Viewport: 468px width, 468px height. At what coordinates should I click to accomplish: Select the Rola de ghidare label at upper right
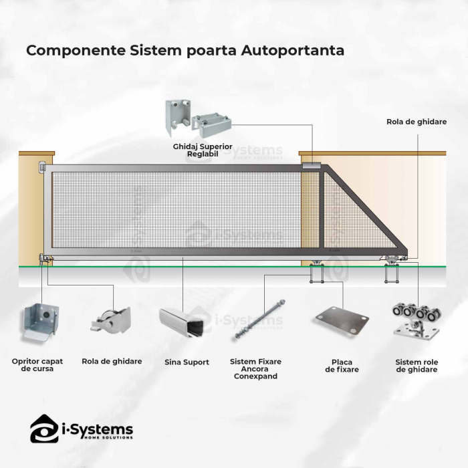click(x=417, y=122)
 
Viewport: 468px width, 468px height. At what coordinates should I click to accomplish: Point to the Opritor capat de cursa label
click(x=37, y=364)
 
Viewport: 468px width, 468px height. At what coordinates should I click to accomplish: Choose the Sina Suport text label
click(x=187, y=362)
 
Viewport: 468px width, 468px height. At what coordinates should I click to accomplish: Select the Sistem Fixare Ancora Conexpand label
click(x=255, y=368)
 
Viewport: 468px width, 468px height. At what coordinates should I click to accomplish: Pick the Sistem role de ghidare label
click(x=416, y=365)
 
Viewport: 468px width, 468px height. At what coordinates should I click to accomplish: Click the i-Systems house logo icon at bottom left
click(x=43, y=428)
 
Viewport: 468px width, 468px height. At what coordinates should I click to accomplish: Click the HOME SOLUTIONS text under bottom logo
click(x=106, y=438)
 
